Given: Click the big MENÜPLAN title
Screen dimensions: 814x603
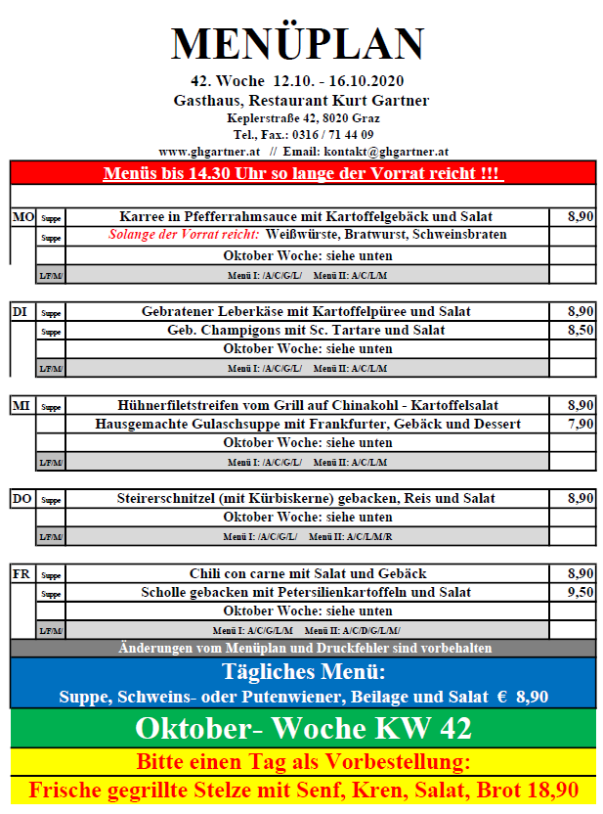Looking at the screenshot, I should pos(298,44).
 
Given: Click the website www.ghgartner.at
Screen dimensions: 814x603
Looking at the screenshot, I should pos(208,152).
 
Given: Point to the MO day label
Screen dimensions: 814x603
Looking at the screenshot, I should pos(22,217).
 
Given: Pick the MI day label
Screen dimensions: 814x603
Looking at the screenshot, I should pos(22,405).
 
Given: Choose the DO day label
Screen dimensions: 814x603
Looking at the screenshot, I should pos(22,499).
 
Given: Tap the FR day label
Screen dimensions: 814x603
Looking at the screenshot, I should pos(22,573).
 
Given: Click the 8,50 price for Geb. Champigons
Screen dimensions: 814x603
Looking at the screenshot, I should pos(581,331).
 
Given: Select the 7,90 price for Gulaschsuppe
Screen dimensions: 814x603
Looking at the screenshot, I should pos(581,425).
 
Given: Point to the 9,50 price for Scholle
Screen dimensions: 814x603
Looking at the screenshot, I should pos(581,593).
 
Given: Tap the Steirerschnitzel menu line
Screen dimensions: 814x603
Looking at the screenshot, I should pos(306,499).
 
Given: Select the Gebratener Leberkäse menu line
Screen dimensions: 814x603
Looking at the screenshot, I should pos(306,311).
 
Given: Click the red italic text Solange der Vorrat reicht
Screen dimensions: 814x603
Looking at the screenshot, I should pos(184,236).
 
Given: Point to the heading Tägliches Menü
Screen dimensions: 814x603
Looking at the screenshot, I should pos(303,672).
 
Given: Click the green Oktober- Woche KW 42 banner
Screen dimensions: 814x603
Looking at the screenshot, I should pos(303,729).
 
